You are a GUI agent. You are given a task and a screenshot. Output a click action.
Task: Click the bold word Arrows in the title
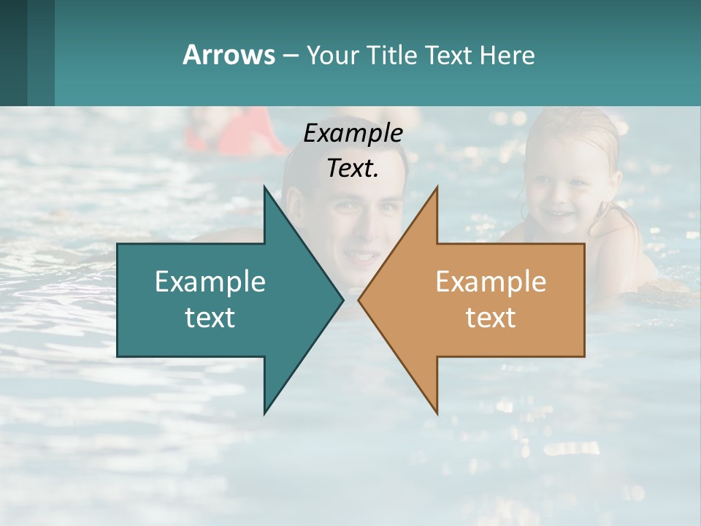click(228, 55)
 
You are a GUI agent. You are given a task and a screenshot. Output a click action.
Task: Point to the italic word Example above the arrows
click(353, 133)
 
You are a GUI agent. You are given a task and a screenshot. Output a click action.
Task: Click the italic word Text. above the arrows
click(353, 168)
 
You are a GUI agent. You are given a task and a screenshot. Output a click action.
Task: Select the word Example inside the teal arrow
click(210, 282)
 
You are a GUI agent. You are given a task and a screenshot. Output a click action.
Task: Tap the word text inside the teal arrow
click(210, 318)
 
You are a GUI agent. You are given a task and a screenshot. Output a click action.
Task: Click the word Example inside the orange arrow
click(491, 282)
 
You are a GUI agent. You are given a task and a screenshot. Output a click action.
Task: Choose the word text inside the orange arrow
click(491, 318)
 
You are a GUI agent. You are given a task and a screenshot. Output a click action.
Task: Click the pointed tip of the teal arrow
click(342, 300)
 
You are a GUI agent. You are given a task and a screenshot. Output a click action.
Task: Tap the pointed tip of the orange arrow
click(359, 300)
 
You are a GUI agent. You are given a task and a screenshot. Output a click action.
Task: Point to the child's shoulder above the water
click(621, 234)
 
